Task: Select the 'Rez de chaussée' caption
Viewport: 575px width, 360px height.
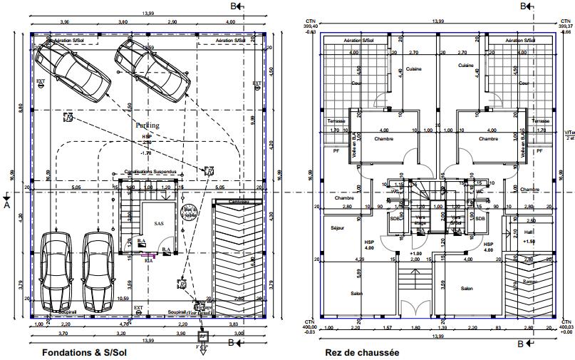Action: click(x=361, y=352)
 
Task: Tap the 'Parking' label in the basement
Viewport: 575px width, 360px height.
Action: click(x=147, y=125)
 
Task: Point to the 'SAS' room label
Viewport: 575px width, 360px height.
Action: click(x=159, y=223)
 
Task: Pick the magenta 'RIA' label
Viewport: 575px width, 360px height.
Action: click(x=149, y=260)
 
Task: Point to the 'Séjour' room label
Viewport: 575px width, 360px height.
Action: click(x=338, y=227)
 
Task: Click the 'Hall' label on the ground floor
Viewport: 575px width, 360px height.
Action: click(x=528, y=232)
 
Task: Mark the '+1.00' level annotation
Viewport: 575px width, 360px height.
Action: click(x=416, y=253)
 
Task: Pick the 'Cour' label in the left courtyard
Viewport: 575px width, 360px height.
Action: click(x=356, y=83)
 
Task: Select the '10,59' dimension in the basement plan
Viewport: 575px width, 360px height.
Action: click(x=123, y=299)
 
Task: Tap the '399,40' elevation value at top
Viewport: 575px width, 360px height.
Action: click(x=311, y=26)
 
